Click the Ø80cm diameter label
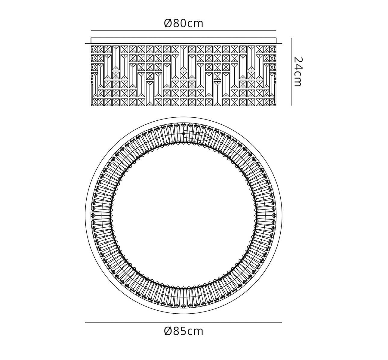coord(184,23)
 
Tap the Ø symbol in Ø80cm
coord(168,23)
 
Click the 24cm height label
coord(298,72)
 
